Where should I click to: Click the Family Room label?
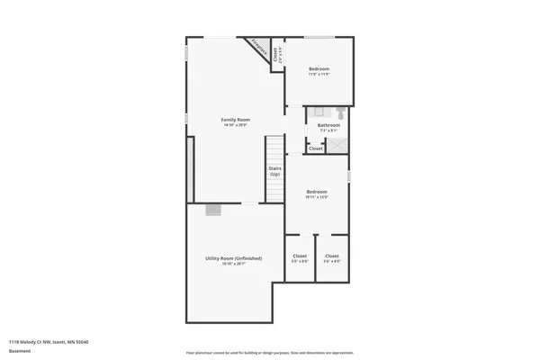click(x=236, y=120)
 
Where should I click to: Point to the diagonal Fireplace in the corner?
click(x=258, y=47)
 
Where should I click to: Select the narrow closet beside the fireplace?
click(x=277, y=53)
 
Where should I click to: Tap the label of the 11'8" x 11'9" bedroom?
click(x=319, y=69)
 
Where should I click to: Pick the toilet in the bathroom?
click(x=340, y=113)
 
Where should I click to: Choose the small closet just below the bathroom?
click(x=316, y=148)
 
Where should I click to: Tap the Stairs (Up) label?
click(x=274, y=170)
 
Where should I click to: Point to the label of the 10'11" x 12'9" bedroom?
click(x=316, y=192)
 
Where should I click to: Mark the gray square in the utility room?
click(x=213, y=210)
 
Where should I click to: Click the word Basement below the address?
click(x=18, y=350)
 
